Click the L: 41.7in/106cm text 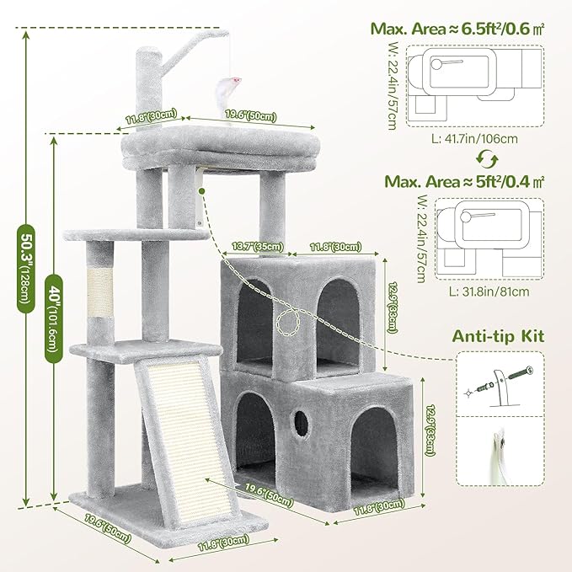[x=473, y=139]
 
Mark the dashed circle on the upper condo [x=291, y=323]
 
